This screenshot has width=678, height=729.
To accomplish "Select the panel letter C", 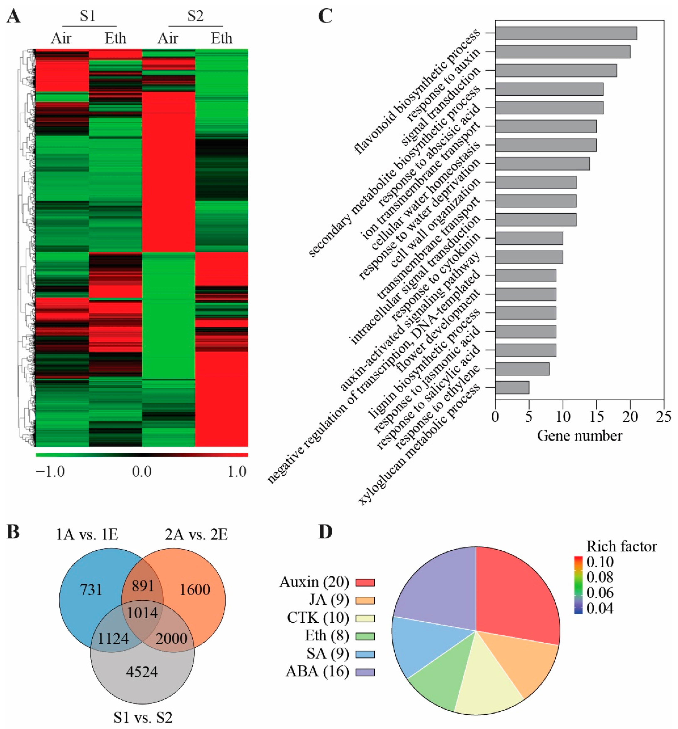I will coord(325,16).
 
